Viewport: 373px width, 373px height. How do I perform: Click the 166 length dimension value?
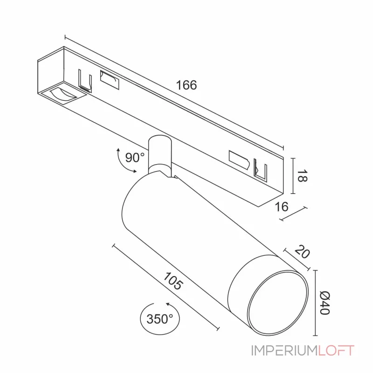tap(186, 85)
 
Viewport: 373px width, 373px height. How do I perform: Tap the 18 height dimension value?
tap(302, 176)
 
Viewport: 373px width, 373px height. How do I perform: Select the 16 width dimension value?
tap(282, 207)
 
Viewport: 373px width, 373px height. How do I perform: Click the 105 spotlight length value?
tap(173, 281)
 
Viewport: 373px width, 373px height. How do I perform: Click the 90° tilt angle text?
tap(135, 158)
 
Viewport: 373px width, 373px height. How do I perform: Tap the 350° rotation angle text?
tap(159, 319)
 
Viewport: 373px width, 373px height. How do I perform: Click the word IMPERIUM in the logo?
tap(284, 351)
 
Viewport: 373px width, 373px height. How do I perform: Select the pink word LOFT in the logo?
tap(336, 351)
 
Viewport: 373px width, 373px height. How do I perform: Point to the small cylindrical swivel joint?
tap(159, 154)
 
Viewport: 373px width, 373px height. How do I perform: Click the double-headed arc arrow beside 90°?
tap(123, 162)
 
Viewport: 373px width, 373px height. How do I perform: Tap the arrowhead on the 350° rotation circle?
tap(168, 304)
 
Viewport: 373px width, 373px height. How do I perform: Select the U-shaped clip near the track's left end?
tap(85, 81)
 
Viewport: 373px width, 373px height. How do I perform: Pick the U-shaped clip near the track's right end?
tap(261, 170)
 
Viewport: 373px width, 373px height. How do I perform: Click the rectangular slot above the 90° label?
tap(109, 80)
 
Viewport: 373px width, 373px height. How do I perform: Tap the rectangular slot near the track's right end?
tap(239, 159)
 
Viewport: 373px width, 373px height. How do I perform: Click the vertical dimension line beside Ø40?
tap(316, 303)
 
